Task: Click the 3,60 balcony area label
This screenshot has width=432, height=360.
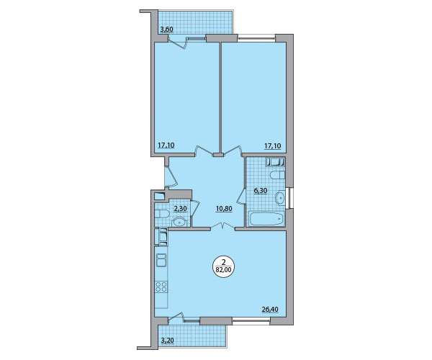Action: tap(167, 30)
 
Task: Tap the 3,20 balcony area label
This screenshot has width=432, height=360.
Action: tap(167, 341)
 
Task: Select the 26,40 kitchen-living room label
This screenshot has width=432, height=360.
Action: tap(270, 310)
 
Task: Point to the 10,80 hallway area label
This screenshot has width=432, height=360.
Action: tap(224, 209)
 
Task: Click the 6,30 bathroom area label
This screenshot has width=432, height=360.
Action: tap(261, 190)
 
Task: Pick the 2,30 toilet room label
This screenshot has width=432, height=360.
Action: tap(181, 209)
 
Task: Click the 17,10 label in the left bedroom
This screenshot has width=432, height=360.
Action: tap(166, 145)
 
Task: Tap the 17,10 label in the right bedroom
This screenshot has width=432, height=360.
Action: tap(273, 145)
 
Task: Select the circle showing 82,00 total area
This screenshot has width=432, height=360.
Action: tap(223, 266)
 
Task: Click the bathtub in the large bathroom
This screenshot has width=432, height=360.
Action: tap(266, 219)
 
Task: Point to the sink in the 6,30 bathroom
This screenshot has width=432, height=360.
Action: tap(280, 197)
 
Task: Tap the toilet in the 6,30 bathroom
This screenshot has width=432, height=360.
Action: tap(277, 175)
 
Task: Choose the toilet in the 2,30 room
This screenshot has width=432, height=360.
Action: tap(161, 214)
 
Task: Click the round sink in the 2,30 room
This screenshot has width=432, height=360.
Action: tap(179, 222)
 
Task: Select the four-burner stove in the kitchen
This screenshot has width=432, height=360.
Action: tap(161, 287)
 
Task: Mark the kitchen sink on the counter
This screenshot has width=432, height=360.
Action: tap(161, 260)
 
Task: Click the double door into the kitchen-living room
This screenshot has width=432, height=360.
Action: tap(222, 226)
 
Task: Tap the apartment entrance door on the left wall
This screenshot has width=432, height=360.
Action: tap(171, 176)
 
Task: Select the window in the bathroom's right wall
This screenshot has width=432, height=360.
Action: tap(289, 198)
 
